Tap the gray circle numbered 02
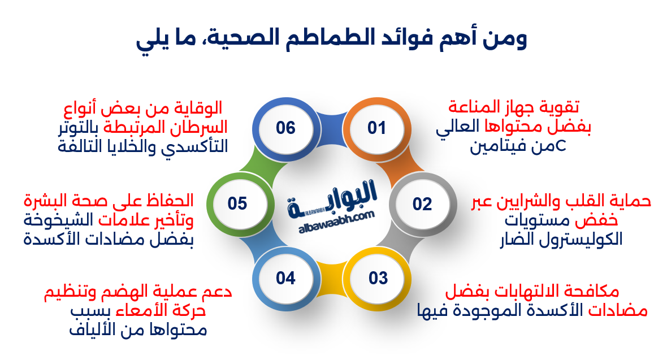pos(422,203)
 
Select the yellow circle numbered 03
pos(378,278)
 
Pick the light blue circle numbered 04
pos(286,278)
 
